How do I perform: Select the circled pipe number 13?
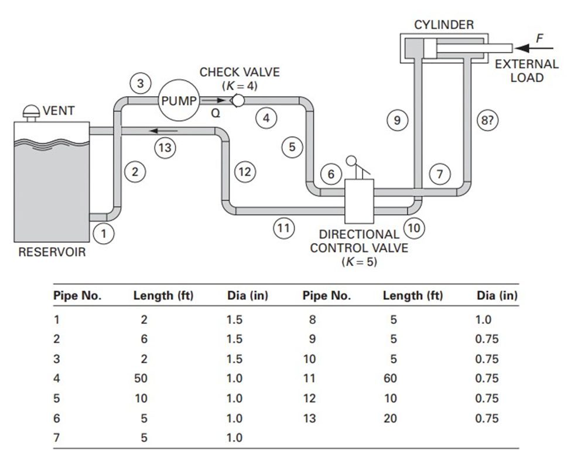pos(166,148)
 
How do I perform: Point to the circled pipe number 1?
pos(104,234)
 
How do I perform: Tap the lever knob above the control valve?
pos(352,160)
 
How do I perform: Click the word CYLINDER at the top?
pos(444,25)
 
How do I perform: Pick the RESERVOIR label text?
pos(52,253)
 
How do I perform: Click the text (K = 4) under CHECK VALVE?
pos(240,86)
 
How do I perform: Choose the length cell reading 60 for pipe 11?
pos(390,378)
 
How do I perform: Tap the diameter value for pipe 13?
pos(487,418)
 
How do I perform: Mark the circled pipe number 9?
pos(398,121)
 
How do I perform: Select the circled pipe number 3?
pos(140,83)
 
